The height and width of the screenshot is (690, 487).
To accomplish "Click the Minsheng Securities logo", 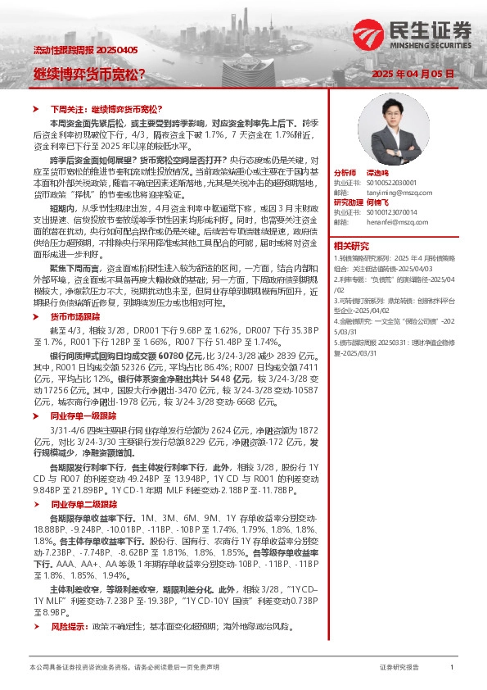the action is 413,34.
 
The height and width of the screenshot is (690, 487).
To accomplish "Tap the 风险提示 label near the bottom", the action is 69,626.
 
